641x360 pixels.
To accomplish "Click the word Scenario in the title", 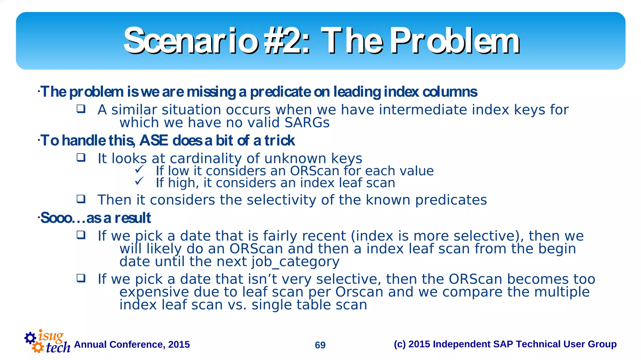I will point(191,41).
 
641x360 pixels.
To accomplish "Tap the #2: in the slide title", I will point(286,41).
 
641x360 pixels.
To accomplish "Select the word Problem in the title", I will point(455,41).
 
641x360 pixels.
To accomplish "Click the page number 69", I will point(320,345).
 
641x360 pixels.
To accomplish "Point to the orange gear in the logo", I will point(38,347).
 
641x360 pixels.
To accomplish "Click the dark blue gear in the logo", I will point(30,338).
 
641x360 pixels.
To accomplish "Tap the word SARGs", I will point(307,123).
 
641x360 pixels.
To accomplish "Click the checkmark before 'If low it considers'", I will point(139,169).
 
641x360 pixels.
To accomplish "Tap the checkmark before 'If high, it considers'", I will point(139,181).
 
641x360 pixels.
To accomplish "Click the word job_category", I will point(295,262).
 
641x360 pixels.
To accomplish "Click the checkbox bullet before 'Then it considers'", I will point(81,199).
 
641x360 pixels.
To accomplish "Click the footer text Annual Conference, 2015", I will point(132,344).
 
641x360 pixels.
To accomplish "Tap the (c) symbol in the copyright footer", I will point(400,344).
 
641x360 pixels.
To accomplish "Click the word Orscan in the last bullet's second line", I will point(359,292).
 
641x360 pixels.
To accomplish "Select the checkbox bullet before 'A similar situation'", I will point(81,109).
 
